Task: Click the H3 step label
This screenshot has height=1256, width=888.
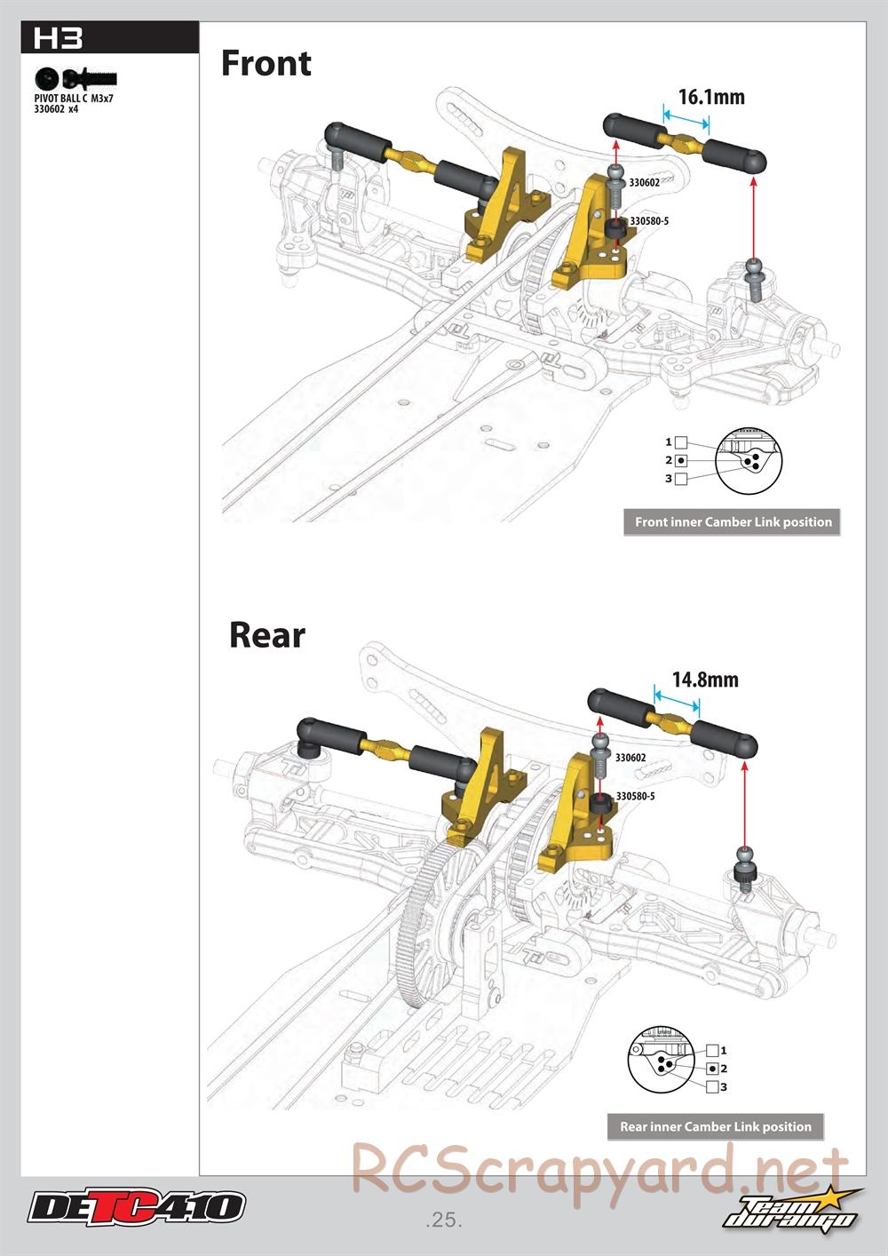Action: click(58, 38)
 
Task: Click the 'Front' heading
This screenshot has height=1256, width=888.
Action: click(266, 64)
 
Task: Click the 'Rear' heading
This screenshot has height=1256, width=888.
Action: click(266, 635)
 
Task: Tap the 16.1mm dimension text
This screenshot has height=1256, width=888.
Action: click(710, 96)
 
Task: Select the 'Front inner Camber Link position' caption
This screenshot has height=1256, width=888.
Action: click(733, 522)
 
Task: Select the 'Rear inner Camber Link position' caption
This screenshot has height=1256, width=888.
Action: click(715, 1126)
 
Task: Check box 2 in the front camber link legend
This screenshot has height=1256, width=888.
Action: click(680, 460)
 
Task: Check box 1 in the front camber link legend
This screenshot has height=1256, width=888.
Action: click(680, 442)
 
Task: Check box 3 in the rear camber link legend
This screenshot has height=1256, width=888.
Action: click(712, 1086)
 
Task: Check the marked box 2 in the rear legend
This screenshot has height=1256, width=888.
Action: click(712, 1069)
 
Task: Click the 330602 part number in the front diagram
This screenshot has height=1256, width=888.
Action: click(644, 182)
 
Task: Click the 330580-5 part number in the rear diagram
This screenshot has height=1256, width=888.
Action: click(635, 796)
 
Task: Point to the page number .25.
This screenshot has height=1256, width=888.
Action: click(444, 1220)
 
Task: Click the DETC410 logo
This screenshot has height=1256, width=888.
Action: click(136, 1207)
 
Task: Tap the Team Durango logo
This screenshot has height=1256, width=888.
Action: click(792, 1210)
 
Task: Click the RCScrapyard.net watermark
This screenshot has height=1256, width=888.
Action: click(599, 1170)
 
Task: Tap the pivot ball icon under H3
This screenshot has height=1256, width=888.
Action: click(48, 77)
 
